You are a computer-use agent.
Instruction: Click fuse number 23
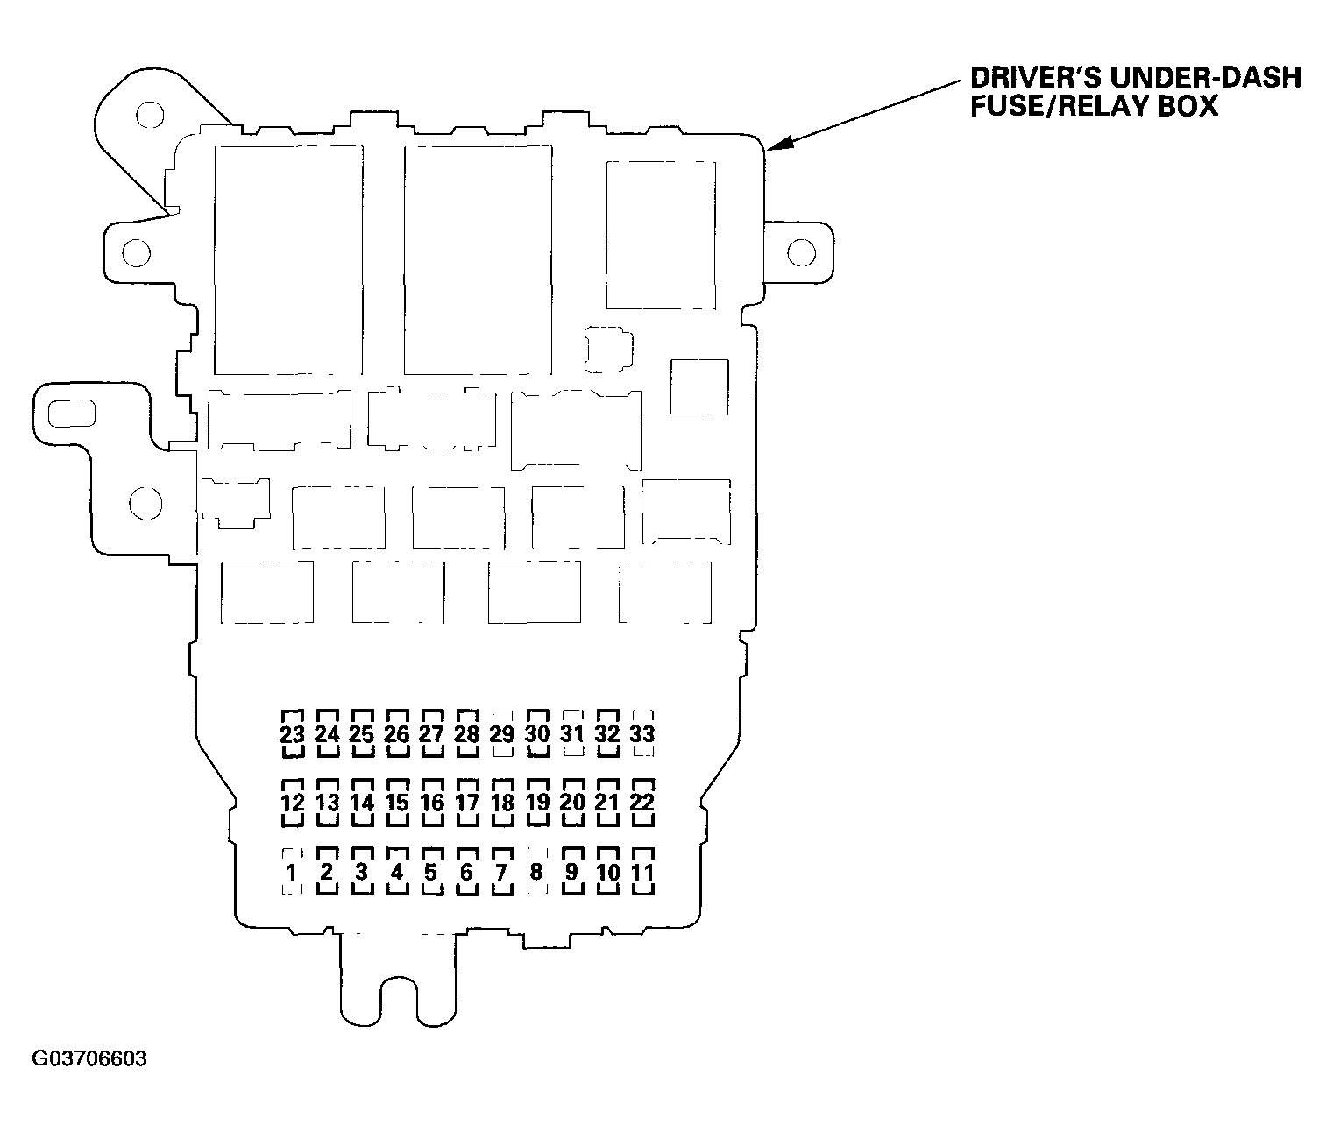[x=292, y=733]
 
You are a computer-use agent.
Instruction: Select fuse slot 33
[x=642, y=733]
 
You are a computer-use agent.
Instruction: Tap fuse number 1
[x=292, y=872]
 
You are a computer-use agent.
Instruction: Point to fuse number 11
[x=642, y=872]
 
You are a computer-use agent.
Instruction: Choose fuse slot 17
[x=467, y=803]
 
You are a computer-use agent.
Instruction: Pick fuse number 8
[x=536, y=872]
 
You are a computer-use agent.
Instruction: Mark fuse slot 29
[x=501, y=733]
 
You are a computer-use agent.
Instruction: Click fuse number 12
[x=292, y=803]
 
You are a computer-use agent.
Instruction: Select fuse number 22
[x=642, y=803]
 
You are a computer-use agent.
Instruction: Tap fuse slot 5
[x=431, y=872]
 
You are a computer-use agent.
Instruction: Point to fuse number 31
[x=572, y=733]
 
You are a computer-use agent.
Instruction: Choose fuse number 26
[x=397, y=733]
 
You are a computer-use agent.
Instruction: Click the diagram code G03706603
[x=89, y=1058]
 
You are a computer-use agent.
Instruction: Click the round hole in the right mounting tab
[x=802, y=252]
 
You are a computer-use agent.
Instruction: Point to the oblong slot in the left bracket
[x=72, y=414]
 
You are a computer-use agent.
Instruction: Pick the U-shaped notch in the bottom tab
[x=399, y=999]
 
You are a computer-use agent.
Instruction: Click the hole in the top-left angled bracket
[x=150, y=115]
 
